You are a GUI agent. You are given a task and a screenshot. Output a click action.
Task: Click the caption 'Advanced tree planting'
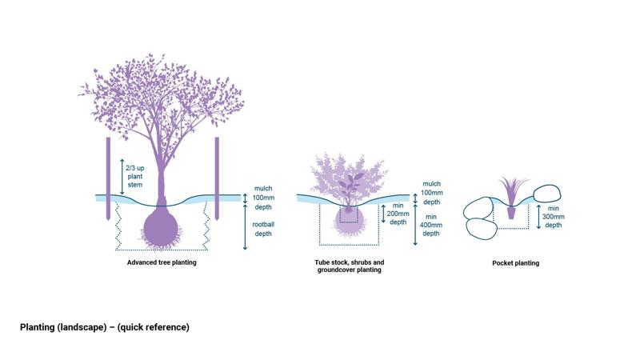[x=162, y=262]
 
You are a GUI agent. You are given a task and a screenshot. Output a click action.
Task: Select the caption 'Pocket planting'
[x=515, y=263]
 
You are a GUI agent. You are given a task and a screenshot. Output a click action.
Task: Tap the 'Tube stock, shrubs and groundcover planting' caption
[x=349, y=266]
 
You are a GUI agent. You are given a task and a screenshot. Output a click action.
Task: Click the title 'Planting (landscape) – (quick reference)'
[x=105, y=327]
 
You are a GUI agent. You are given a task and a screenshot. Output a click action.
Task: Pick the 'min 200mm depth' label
[x=398, y=214]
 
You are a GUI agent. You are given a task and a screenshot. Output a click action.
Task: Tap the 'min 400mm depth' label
[x=430, y=225]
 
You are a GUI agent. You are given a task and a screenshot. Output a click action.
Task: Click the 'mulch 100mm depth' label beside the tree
[x=263, y=197]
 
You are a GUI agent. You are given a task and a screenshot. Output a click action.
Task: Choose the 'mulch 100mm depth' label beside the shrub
[x=431, y=194]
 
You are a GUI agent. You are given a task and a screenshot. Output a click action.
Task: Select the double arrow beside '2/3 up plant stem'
[x=122, y=176]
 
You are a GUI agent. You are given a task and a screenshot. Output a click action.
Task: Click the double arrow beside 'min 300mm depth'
[x=539, y=215]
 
